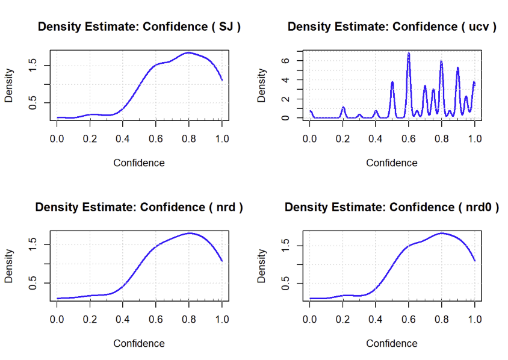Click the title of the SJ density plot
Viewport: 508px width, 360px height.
(139, 27)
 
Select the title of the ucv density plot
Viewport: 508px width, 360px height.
(392, 27)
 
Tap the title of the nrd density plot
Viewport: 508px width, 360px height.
(139, 208)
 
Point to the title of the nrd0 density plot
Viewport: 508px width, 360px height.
(392, 208)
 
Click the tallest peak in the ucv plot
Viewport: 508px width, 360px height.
(409, 54)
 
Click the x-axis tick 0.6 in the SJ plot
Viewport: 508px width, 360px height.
(156, 138)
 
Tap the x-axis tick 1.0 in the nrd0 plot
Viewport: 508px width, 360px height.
(474, 318)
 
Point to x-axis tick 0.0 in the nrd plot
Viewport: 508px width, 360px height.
(58, 318)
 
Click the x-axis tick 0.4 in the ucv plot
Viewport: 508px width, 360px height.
(376, 138)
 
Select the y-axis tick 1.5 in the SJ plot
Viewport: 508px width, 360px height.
(33, 64)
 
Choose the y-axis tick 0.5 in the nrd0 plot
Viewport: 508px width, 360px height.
(285, 282)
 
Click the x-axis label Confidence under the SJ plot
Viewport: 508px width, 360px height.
(139, 163)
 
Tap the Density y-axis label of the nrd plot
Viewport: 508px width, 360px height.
(9, 267)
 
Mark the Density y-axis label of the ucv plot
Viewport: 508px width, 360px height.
(262, 85)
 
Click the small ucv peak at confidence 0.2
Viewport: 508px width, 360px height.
(343, 108)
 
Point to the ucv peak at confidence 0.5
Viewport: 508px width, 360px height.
(392, 82)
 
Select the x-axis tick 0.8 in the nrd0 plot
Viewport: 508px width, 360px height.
(441, 318)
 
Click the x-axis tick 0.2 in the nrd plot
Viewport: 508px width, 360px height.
(90, 318)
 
